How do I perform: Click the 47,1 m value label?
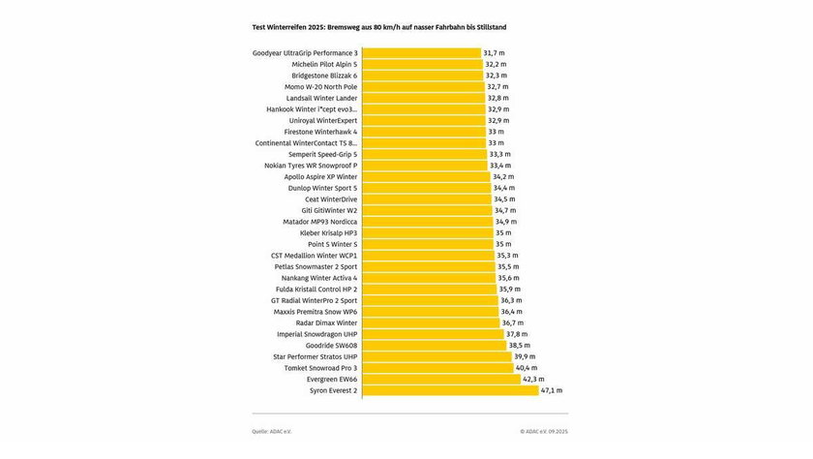pos(552,390)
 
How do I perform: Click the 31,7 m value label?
pos(496,52)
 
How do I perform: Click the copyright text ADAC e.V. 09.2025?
pos(544,432)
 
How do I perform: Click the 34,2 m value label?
pos(504,177)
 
